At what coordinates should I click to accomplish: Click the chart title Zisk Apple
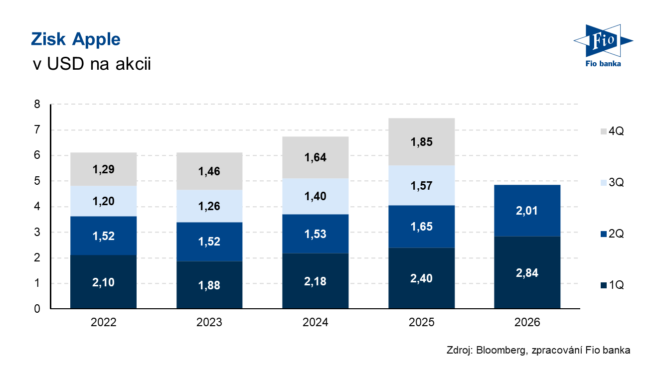coord(76,40)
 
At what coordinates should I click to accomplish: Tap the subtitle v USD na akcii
coord(92,63)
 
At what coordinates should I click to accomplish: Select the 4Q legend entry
coord(612,131)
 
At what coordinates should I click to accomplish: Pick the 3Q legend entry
coord(612,182)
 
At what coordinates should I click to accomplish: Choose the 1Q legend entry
coord(612,285)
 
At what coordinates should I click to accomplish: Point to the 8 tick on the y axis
coord(37,104)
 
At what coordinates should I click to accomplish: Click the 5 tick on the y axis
coord(37,181)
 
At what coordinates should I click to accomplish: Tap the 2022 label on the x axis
coord(103,322)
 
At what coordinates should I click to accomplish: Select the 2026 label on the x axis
coord(527,322)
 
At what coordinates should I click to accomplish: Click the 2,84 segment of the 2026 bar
coord(527,272)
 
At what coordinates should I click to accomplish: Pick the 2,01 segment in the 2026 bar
coord(527,211)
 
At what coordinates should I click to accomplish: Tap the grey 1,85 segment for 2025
coord(421,142)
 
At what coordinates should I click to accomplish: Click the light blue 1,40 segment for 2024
coord(316,196)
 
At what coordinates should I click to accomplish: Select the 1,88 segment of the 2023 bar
coord(209,285)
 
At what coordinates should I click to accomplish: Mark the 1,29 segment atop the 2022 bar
coord(103,169)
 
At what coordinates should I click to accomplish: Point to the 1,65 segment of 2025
coord(421,227)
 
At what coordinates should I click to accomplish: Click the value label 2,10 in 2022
coord(103,282)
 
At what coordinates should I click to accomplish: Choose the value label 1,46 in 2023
coord(209,171)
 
